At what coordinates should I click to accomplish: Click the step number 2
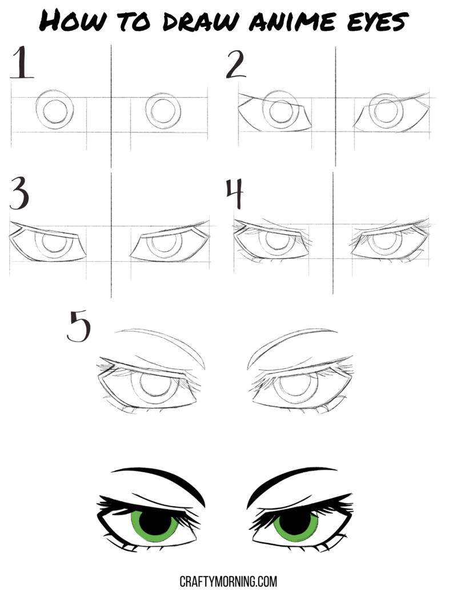(x=235, y=65)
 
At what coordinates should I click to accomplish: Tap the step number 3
(x=19, y=194)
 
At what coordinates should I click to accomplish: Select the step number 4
(x=234, y=194)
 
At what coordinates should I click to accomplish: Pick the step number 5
(x=78, y=326)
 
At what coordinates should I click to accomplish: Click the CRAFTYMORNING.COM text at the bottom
(x=228, y=581)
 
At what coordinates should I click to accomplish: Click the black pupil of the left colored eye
(x=154, y=521)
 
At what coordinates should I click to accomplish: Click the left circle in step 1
(x=54, y=110)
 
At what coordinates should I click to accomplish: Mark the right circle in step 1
(x=163, y=111)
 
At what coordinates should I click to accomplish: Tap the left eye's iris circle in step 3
(x=54, y=244)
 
